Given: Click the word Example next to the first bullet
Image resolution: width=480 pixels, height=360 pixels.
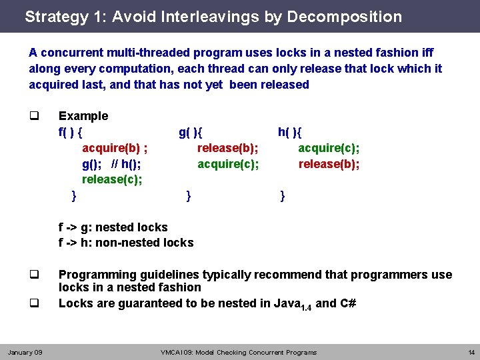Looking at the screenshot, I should point(83,116).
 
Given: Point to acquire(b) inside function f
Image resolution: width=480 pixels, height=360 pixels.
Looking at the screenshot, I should point(115,148).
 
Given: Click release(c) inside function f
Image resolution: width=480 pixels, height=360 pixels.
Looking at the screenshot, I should point(112,179).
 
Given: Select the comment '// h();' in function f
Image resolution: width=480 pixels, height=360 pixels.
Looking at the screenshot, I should point(126,164).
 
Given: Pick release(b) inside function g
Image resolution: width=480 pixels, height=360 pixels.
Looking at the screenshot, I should point(228,148).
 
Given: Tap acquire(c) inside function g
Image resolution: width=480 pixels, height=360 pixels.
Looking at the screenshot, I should point(228,164).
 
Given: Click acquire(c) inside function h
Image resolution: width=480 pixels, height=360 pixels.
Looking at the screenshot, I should point(329,148).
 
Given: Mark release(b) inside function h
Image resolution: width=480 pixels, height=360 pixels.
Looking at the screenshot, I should point(329,164).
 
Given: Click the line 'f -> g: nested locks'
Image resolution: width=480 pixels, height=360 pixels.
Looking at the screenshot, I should point(113,227).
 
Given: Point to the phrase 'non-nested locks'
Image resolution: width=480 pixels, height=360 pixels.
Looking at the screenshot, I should point(145,243).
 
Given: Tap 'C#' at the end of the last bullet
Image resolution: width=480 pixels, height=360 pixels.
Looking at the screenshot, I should point(348,303).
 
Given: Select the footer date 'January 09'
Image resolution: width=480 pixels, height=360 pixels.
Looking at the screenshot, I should point(25,352).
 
